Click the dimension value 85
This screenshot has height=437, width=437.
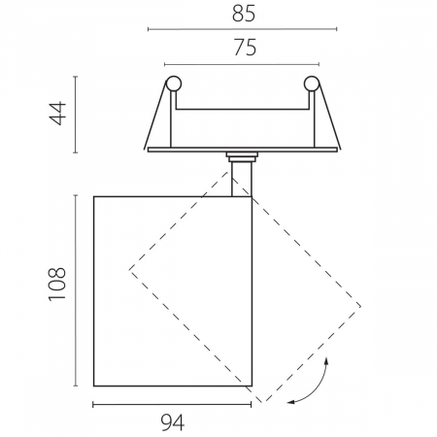pyautogui.click(x=244, y=14)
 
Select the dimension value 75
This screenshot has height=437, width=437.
pyautogui.click(x=245, y=48)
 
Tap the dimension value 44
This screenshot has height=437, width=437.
pyautogui.click(x=57, y=114)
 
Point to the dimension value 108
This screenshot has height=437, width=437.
pyautogui.click(x=57, y=285)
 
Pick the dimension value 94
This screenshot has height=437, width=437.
pyautogui.click(x=173, y=422)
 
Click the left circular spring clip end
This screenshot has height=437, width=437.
pyautogui.click(x=174, y=84)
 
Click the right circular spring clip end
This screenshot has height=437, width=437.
pyautogui.click(x=312, y=84)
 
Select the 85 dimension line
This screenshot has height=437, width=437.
pyautogui.click(x=243, y=29)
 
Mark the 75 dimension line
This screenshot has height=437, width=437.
pyautogui.click(x=242, y=64)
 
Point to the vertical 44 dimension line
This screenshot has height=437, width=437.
pyautogui.click(x=76, y=115)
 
